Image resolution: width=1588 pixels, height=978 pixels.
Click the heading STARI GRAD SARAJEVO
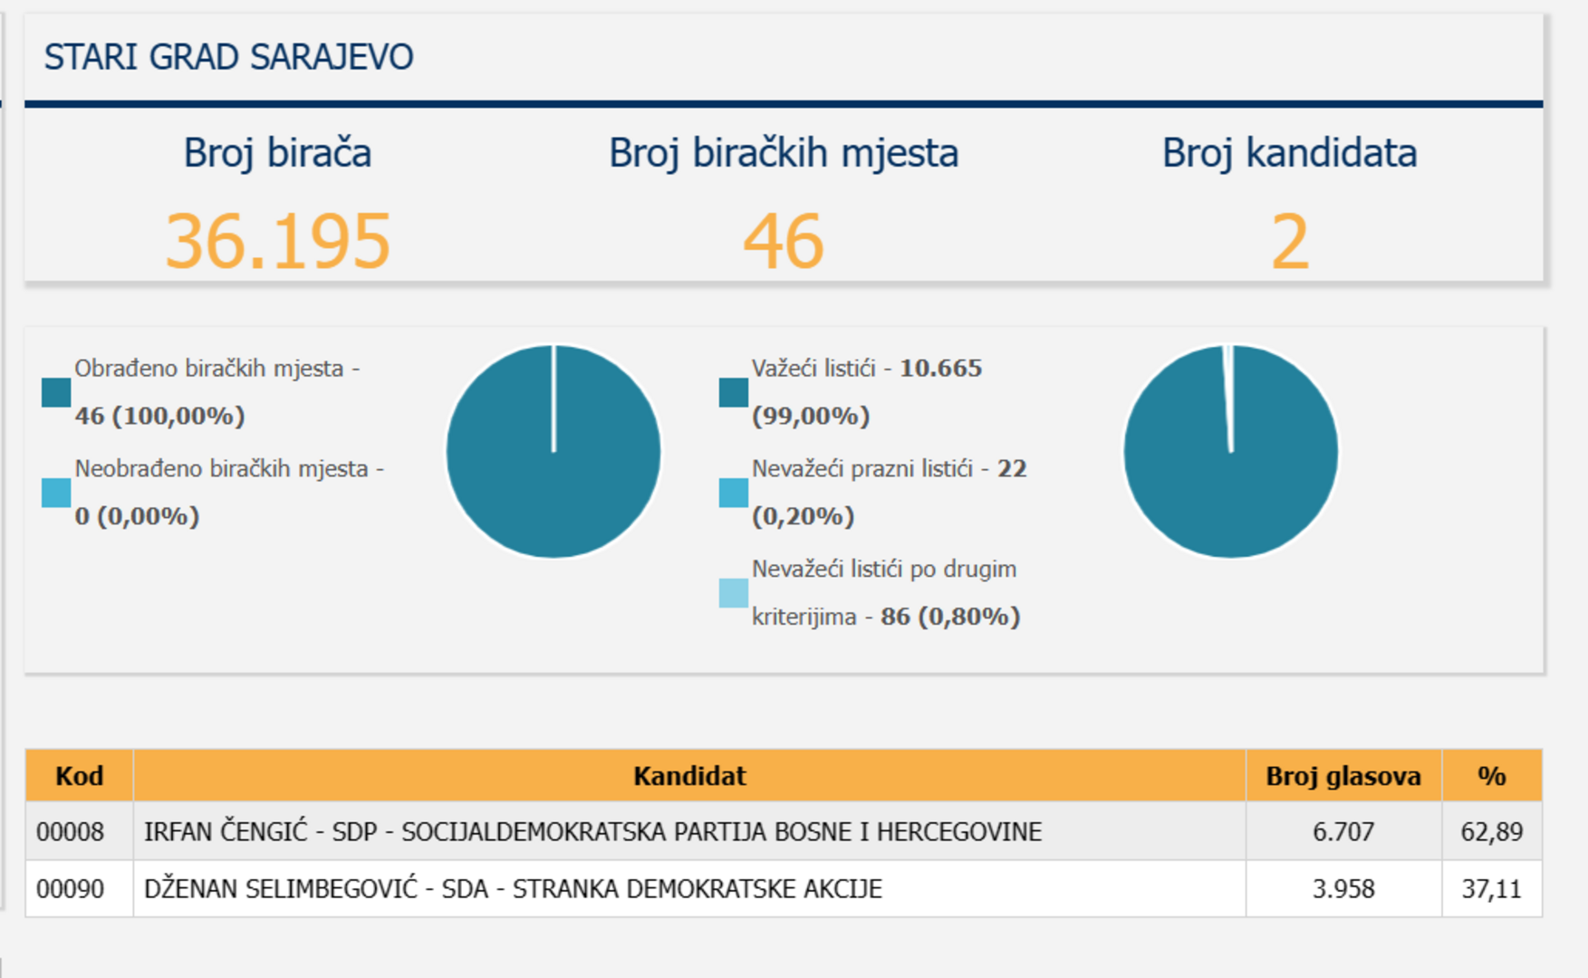click(228, 57)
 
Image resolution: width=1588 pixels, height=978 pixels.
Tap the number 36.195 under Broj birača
click(277, 242)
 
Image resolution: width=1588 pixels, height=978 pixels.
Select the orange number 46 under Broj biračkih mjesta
click(784, 242)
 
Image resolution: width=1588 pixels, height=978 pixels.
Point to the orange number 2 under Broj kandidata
click(1290, 242)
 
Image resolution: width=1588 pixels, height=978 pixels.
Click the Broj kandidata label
click(1289, 153)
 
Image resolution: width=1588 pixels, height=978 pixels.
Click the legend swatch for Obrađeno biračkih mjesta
click(56, 392)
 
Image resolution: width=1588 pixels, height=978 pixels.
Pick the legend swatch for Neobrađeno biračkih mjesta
click(56, 493)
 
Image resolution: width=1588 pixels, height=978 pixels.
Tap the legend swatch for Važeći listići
click(734, 392)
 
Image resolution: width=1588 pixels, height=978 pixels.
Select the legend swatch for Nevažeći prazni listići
click(734, 493)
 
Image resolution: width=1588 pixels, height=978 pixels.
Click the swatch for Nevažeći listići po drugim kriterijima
click(734, 593)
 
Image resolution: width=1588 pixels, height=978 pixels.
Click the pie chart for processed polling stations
click(553, 452)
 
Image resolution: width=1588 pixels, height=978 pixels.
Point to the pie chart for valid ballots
click(1230, 452)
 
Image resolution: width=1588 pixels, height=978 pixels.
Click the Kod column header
click(80, 776)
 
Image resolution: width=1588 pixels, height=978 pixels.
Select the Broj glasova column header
click(1343, 776)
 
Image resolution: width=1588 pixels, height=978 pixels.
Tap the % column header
click(1491, 776)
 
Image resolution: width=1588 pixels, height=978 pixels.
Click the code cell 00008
click(71, 831)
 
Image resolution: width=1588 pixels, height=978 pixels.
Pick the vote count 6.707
click(1343, 831)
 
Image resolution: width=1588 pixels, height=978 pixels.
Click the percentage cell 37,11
click(1491, 888)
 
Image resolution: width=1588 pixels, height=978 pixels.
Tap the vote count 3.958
click(1343, 888)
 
